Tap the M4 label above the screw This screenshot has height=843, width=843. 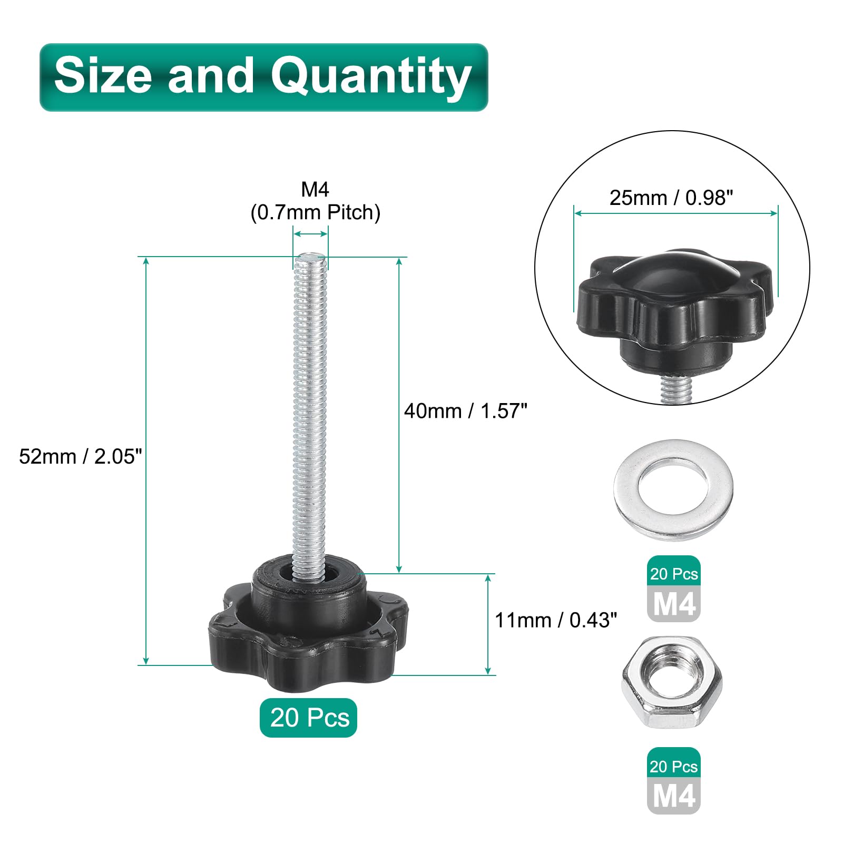315,189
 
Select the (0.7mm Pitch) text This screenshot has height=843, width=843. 315,212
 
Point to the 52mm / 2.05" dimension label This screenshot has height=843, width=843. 81,456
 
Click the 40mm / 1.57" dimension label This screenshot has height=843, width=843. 465,411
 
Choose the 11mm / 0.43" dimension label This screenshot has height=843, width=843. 555,620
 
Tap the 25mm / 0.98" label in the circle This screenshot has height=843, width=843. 671,198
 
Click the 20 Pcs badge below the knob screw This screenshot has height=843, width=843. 309,718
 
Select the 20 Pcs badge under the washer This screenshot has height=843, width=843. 673,574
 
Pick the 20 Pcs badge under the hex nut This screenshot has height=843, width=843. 673,766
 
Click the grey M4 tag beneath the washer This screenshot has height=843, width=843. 673,604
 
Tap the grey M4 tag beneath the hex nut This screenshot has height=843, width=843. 673,796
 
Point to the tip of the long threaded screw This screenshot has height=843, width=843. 310,258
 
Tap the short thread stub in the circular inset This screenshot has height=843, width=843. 676,389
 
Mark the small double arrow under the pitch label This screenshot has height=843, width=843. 311,234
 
